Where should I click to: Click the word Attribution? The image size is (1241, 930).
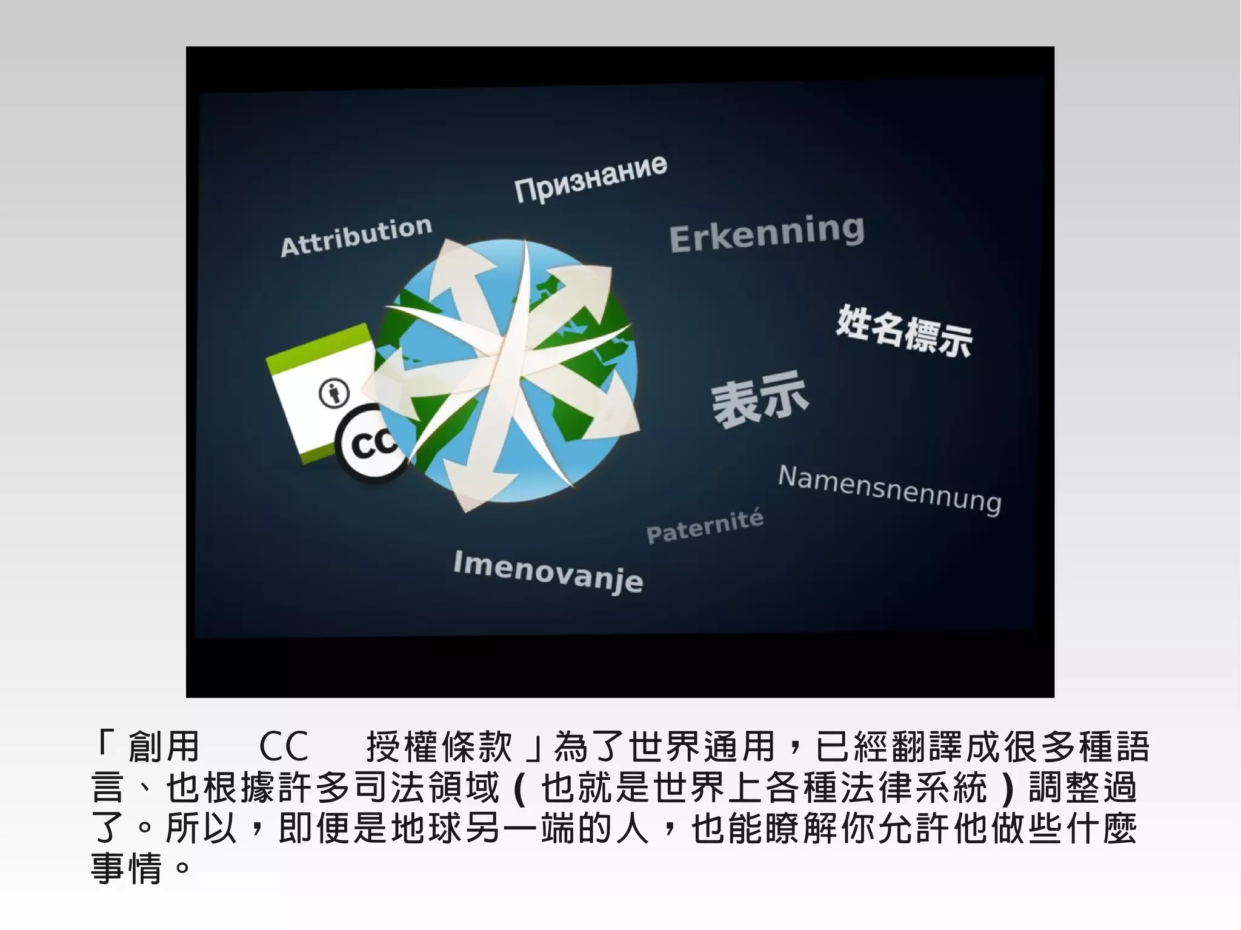click(356, 237)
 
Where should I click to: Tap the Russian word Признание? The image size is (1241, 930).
click(591, 179)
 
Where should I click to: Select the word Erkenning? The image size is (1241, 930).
click(767, 233)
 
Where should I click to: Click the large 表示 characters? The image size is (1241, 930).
click(760, 399)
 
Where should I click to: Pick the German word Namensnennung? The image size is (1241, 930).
click(890, 490)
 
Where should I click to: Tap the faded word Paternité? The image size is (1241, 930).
click(705, 527)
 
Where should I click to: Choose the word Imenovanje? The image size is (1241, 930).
click(548, 571)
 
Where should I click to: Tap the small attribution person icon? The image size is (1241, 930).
click(334, 393)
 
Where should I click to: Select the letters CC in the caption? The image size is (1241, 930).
click(284, 746)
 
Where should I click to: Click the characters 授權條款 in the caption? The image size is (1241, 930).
click(440, 746)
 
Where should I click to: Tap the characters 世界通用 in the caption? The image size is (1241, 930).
click(702, 746)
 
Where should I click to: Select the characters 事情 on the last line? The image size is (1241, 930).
click(127, 868)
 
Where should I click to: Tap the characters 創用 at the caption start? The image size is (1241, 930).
click(164, 746)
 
